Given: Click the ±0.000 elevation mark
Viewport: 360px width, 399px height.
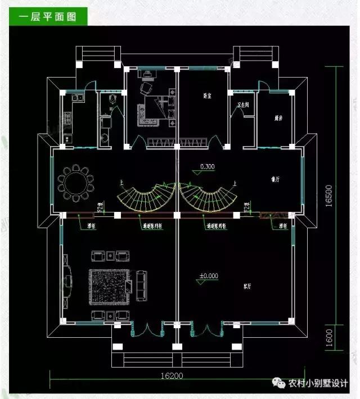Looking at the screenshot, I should (x=209, y=276).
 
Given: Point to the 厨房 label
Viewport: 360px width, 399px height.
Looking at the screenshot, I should (x=278, y=117).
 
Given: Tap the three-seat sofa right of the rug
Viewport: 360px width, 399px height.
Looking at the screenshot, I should (x=141, y=285).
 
